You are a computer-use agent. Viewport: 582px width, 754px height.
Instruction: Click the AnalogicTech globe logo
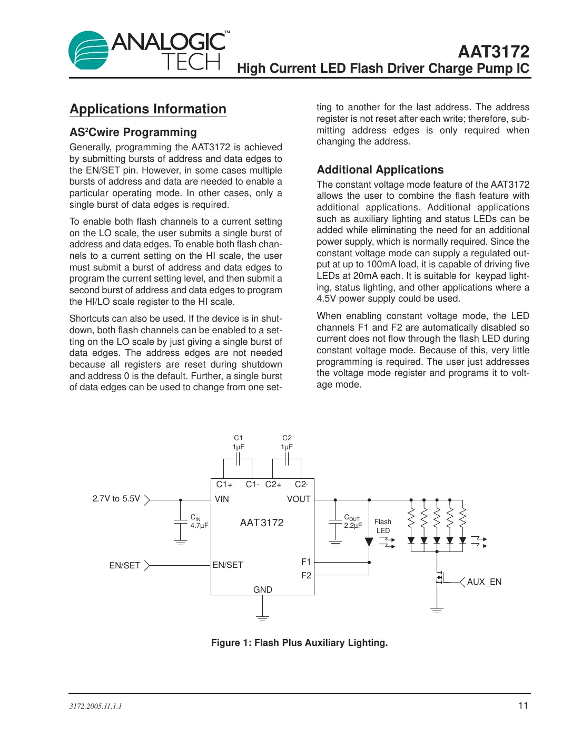(x=88, y=51)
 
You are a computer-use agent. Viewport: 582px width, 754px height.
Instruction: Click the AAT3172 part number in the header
(x=494, y=52)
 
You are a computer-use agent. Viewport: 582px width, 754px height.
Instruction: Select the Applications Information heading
(x=148, y=109)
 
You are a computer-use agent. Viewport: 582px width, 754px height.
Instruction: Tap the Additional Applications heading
(x=380, y=170)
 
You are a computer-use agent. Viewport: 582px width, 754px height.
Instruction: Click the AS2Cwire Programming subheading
(x=133, y=132)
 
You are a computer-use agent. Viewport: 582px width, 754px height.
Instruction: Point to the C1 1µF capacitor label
(x=239, y=442)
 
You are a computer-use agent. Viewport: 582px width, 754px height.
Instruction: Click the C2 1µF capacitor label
(x=287, y=442)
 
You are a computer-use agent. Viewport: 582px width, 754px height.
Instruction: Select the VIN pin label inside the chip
(x=222, y=499)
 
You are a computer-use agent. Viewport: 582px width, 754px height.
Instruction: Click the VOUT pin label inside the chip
(x=299, y=499)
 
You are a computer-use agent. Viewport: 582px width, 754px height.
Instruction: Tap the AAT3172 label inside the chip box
(x=262, y=523)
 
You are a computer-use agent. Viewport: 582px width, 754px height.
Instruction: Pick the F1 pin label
(x=306, y=562)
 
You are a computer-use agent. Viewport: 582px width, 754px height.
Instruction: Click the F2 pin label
(x=306, y=575)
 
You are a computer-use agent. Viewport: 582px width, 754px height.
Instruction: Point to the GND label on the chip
(x=263, y=589)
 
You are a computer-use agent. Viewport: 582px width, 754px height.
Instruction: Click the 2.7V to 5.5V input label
(x=116, y=499)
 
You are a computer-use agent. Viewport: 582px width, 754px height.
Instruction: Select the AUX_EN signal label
(x=484, y=582)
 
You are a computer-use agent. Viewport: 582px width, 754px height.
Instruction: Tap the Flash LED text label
(x=383, y=526)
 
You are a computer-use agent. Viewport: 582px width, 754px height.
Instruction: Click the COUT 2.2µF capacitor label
(x=353, y=521)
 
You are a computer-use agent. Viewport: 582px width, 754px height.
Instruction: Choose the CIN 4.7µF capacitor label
(x=199, y=521)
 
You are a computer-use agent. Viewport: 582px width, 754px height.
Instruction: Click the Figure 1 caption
(x=299, y=643)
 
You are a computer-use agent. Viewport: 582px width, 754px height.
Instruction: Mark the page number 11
(x=523, y=705)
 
